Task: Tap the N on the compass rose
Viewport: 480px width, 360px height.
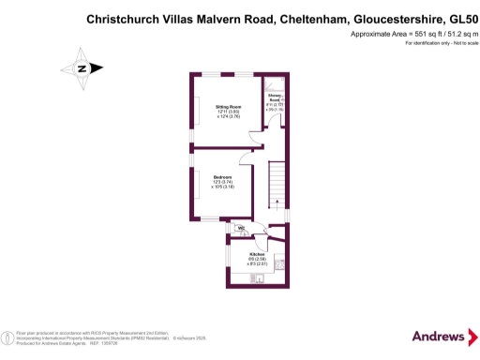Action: coord(82,67)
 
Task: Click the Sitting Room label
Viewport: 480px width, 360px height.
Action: coord(222,107)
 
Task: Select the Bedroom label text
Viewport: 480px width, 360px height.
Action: coord(222,177)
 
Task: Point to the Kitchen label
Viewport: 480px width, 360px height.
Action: coord(257,254)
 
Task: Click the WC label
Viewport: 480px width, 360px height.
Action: coord(241,228)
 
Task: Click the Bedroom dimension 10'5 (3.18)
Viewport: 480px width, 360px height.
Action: coord(222,187)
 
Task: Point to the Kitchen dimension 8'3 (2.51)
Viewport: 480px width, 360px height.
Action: coord(258,265)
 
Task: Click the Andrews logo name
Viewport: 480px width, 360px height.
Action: coord(438,336)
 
